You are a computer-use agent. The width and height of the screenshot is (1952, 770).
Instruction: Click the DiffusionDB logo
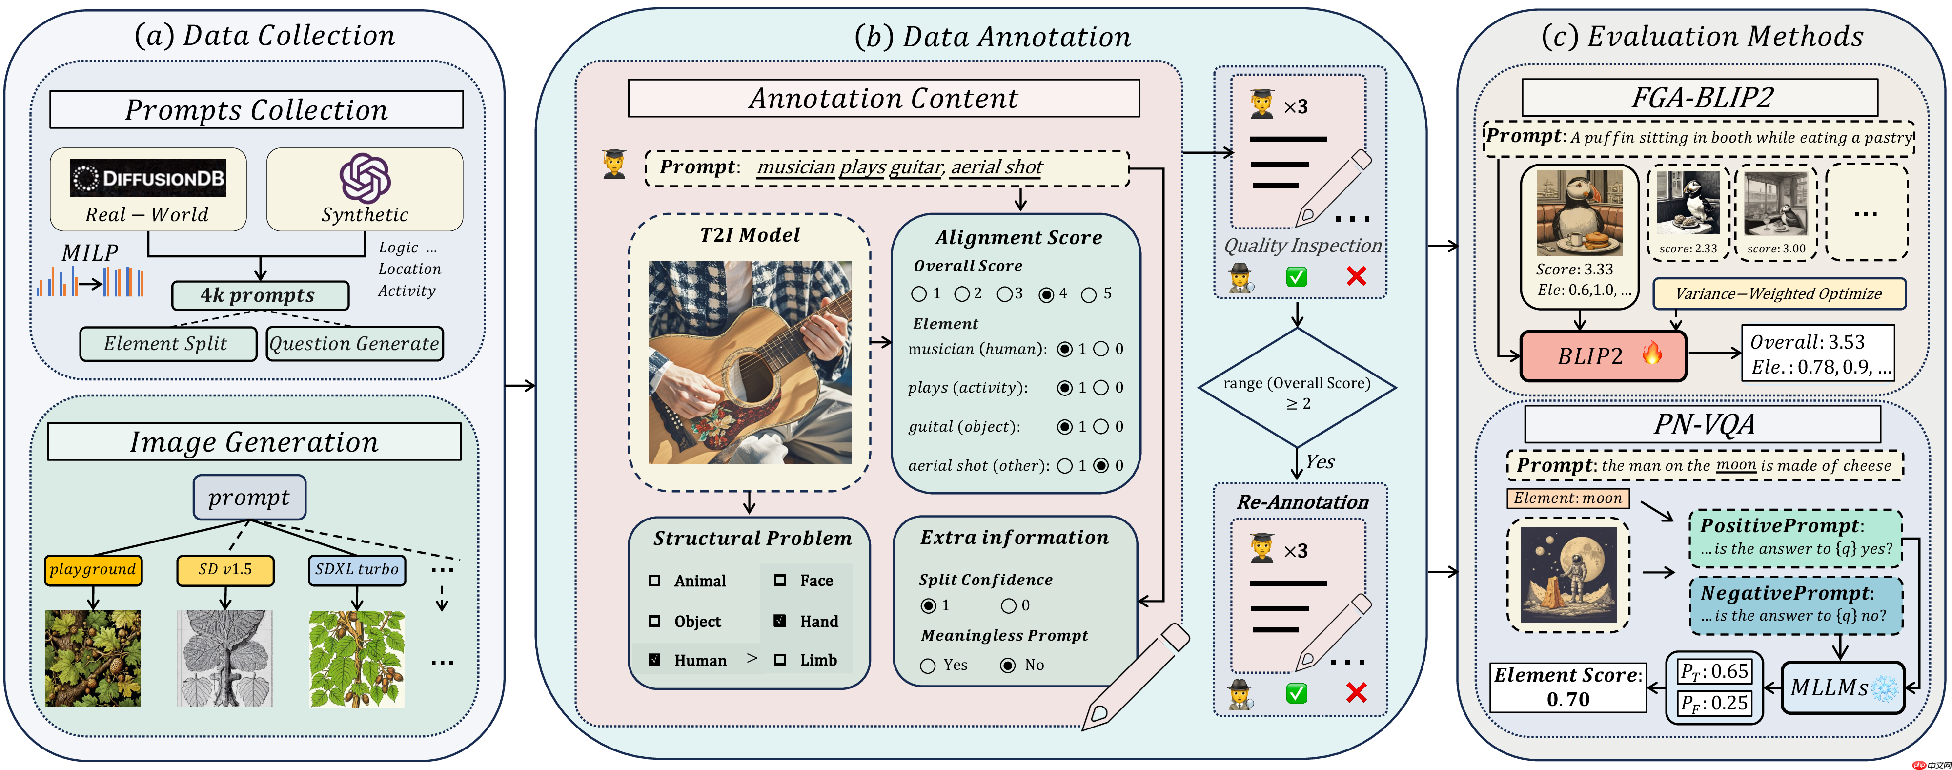click(148, 178)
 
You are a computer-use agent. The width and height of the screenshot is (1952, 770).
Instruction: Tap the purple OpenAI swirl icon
click(365, 178)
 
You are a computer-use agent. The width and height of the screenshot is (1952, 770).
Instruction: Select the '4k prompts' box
click(260, 295)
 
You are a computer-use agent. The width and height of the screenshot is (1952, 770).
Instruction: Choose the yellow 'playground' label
click(92, 570)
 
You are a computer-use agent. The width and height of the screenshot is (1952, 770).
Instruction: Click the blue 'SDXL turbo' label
click(356, 570)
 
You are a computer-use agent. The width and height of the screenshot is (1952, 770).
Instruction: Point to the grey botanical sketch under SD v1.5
click(225, 658)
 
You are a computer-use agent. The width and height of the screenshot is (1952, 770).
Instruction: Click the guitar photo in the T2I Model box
click(750, 362)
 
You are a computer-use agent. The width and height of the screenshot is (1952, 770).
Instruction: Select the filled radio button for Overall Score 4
click(1046, 294)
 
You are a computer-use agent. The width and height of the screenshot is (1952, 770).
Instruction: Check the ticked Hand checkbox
click(780, 621)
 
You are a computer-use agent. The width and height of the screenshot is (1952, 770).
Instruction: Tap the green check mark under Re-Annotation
click(1297, 693)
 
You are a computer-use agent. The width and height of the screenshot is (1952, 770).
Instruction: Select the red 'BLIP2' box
click(1603, 355)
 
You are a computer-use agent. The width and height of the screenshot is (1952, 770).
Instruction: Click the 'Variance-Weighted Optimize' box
click(1778, 294)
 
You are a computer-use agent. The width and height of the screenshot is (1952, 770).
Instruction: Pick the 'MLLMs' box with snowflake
click(1841, 687)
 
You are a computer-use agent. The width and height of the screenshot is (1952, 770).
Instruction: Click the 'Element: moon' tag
click(1568, 498)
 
